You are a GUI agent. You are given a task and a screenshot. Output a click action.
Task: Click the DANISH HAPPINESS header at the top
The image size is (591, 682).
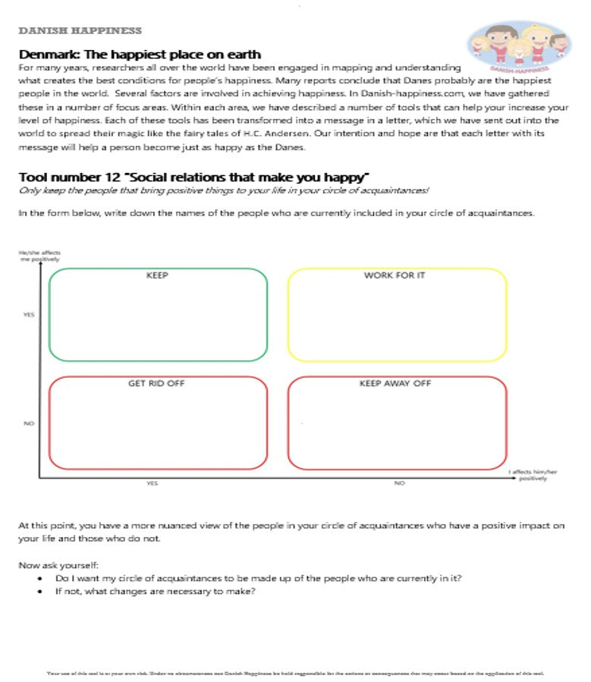[x=80, y=31]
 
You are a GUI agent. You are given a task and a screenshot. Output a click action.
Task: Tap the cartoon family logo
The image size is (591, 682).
[x=520, y=46]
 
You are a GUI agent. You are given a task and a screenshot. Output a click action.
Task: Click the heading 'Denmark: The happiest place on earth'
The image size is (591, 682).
[x=140, y=55]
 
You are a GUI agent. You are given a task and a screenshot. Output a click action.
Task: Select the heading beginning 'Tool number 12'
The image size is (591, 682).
[x=193, y=178]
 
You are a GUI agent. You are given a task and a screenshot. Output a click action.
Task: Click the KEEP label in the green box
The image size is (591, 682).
[x=157, y=275]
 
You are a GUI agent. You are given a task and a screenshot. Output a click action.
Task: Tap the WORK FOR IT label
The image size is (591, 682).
[x=395, y=275]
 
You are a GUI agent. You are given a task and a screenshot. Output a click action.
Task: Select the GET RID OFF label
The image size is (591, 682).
[x=156, y=384]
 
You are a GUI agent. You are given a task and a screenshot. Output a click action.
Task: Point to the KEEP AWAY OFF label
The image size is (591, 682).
[x=395, y=384]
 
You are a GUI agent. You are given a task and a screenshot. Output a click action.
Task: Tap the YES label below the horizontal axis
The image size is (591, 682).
[x=152, y=483]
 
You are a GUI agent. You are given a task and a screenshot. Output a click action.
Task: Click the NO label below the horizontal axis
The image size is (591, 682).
[x=399, y=483]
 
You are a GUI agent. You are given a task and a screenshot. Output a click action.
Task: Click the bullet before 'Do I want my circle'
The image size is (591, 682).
[x=39, y=578]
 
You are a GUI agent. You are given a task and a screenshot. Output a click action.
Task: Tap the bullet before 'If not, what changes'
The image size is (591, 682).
[x=39, y=592]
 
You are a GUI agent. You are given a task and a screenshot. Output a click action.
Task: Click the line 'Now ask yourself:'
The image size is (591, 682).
[x=58, y=564]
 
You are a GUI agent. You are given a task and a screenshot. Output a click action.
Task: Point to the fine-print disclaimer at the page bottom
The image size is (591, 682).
[x=295, y=673]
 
